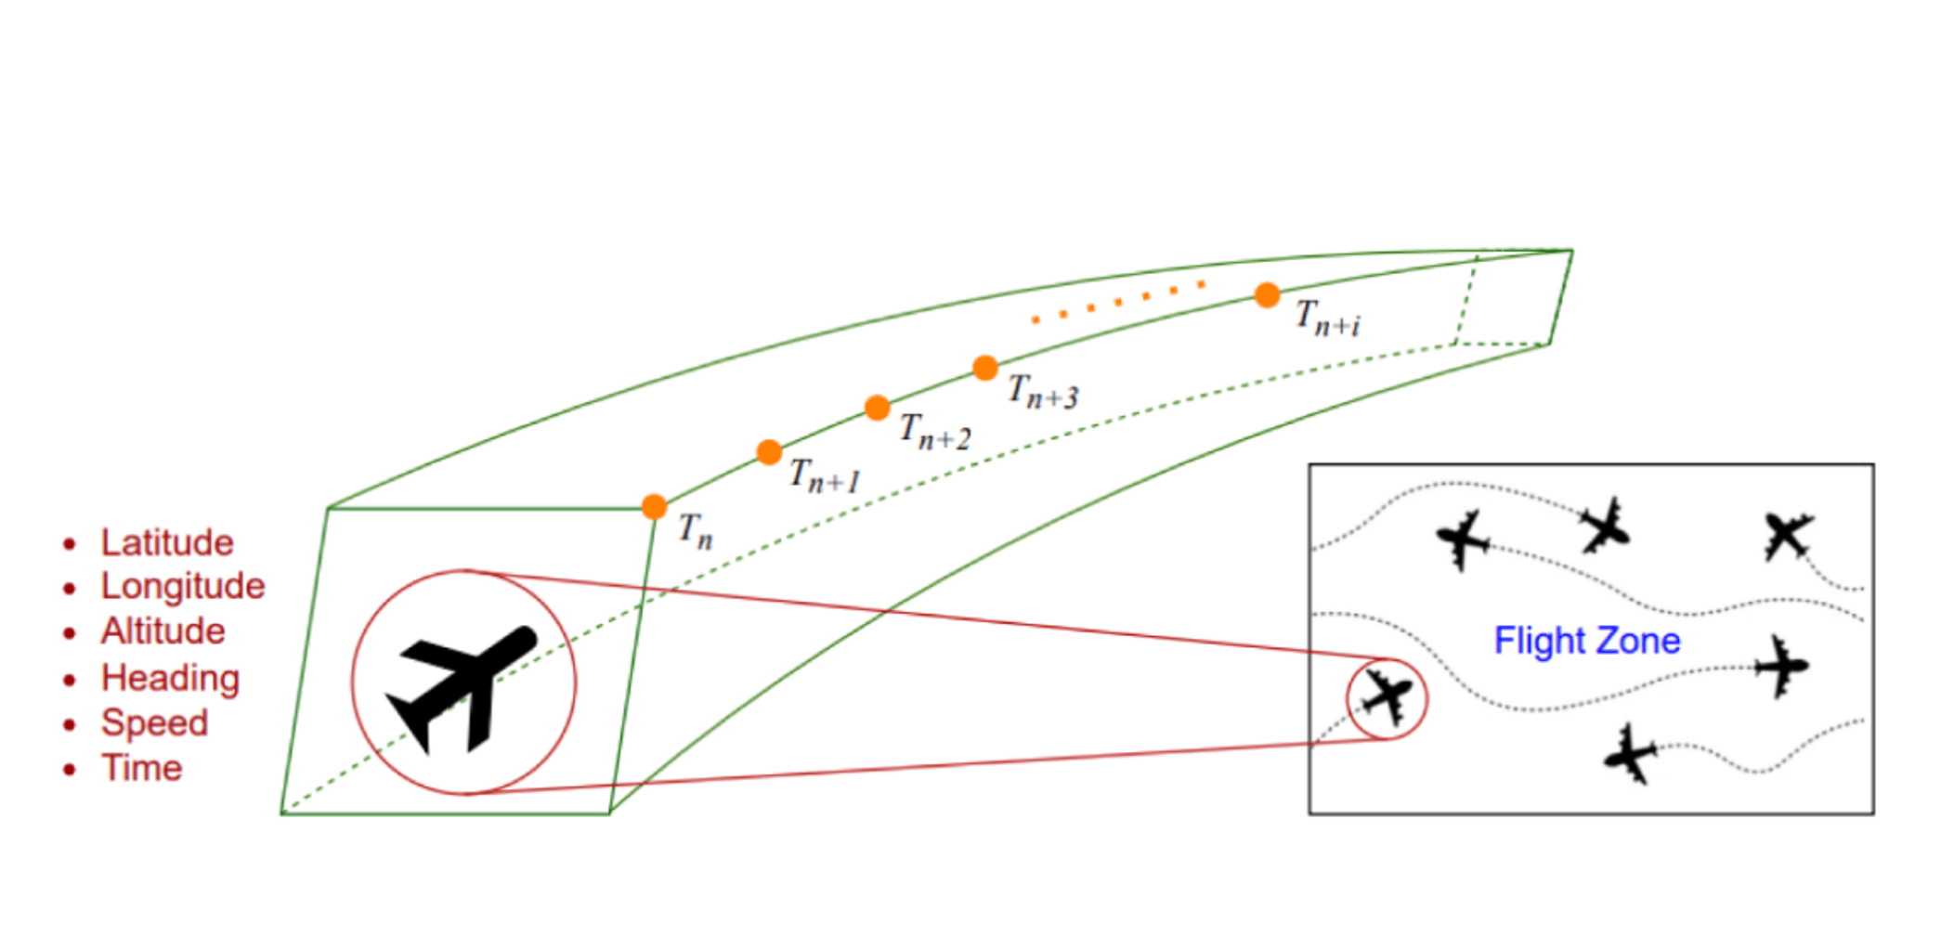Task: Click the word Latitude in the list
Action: (x=167, y=542)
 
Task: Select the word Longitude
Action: (x=183, y=587)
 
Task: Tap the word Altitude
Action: (x=163, y=631)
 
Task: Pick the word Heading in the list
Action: (x=170, y=678)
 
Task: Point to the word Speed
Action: (x=154, y=722)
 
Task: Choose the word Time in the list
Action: (x=141, y=768)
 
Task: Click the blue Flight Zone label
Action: (x=1586, y=641)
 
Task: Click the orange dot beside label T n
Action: (x=654, y=507)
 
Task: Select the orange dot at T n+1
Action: (x=769, y=452)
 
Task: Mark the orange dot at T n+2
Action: (x=877, y=408)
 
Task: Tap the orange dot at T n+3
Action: (x=985, y=368)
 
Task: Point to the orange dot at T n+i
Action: (x=1267, y=295)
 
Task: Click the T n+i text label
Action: (x=1328, y=318)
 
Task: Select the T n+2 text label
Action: (x=934, y=433)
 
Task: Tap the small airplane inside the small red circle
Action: (x=1387, y=697)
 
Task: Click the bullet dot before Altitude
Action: (x=70, y=633)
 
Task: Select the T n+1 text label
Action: (x=825, y=476)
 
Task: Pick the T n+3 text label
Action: (x=1043, y=392)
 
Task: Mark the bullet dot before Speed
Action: (x=70, y=724)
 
